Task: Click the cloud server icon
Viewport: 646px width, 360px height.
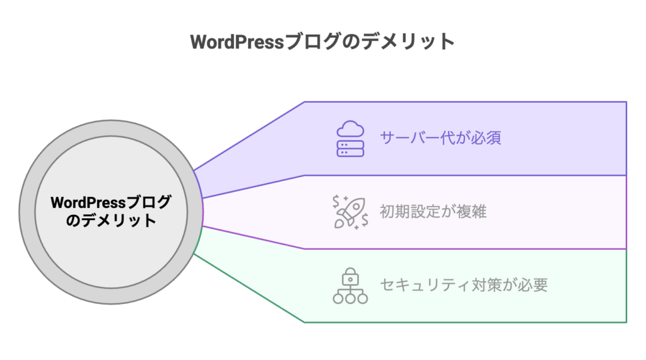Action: [x=350, y=139]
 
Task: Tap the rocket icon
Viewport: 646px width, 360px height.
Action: [x=351, y=212]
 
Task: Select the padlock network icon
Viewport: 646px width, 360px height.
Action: [x=350, y=286]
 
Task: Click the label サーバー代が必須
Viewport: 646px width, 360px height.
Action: [x=440, y=138]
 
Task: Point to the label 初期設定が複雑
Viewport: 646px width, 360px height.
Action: [x=433, y=212]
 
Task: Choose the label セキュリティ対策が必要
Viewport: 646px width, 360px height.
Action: [x=464, y=285]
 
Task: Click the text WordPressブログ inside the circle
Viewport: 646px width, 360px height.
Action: [x=110, y=203]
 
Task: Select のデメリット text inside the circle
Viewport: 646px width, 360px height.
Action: [x=110, y=221]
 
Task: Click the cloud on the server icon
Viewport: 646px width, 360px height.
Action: [x=350, y=130]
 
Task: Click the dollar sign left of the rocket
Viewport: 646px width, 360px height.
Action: [x=337, y=200]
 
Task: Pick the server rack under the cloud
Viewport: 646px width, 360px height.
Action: [x=350, y=148]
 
